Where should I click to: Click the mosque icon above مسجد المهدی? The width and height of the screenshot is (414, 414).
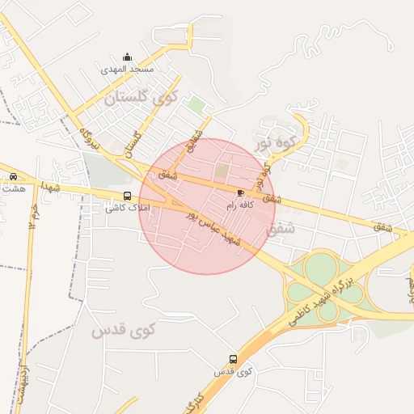coord(127,57)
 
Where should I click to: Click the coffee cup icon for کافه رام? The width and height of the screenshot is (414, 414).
coord(240,192)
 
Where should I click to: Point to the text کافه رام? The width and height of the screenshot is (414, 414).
coord(240,205)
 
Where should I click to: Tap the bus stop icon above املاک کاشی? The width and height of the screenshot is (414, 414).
coord(127,196)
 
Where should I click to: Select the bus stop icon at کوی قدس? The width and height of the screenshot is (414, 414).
coord(233,358)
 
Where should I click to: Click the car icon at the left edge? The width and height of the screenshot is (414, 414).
coord(14,176)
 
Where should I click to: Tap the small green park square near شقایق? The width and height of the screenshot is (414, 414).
coord(196,104)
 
